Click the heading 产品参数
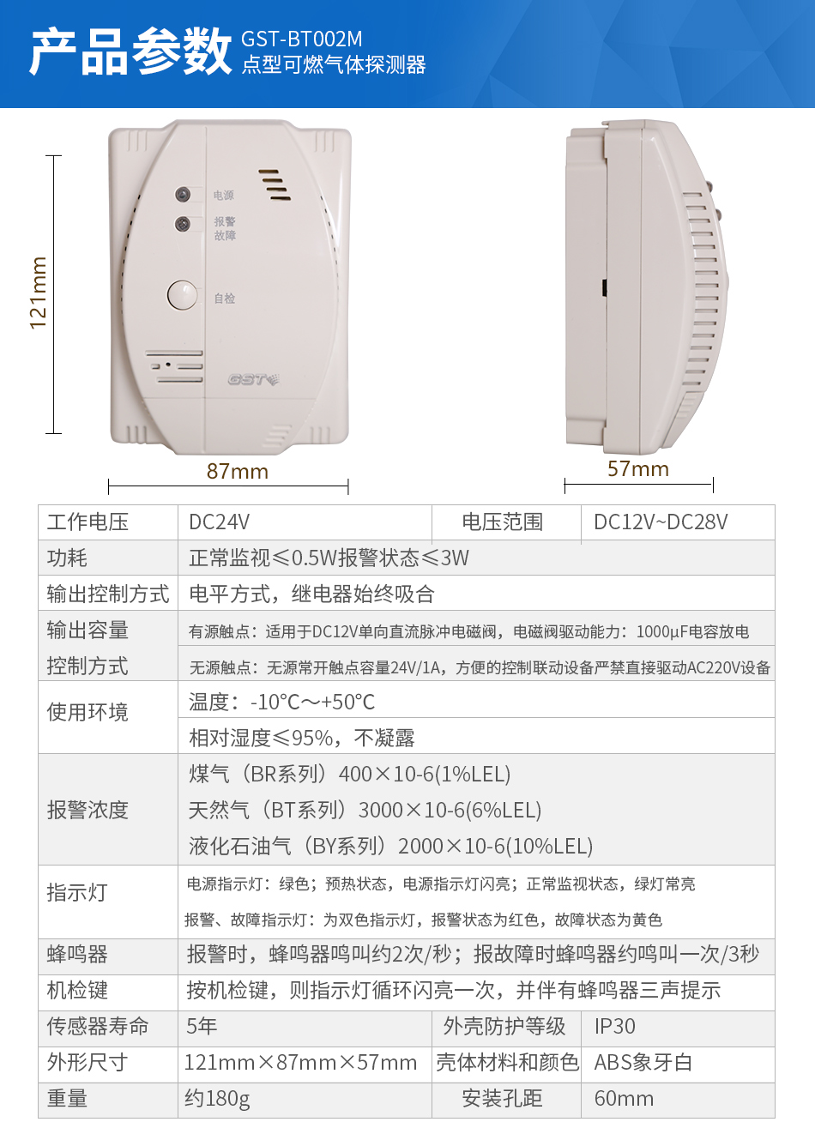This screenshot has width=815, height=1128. (130, 51)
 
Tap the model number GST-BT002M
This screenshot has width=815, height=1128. (301, 39)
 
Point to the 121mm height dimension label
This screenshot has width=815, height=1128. (39, 293)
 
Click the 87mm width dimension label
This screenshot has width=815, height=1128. (238, 472)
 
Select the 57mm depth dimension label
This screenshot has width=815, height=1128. (638, 469)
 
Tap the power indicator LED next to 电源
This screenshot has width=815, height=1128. (183, 195)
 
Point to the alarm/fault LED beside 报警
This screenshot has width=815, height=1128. (183, 224)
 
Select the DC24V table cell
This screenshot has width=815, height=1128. (220, 522)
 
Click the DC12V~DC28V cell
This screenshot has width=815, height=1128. (661, 522)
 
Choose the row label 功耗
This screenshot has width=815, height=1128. (67, 558)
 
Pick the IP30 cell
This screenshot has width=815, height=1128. (615, 1027)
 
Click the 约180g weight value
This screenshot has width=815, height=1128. (217, 1099)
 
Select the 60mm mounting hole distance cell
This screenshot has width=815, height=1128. (624, 1099)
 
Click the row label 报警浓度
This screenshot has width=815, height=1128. (88, 811)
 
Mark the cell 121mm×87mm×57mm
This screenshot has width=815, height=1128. (300, 1063)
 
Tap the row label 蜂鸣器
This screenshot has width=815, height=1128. (77, 955)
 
